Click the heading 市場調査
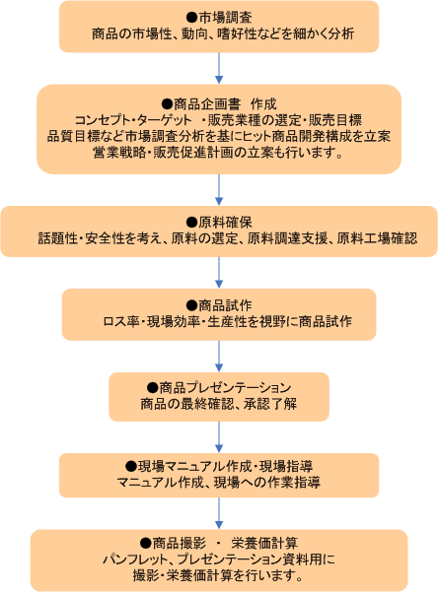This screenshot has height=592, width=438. coord(225,18)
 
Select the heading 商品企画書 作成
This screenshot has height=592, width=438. coord(225,103)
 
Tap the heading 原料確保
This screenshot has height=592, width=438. coord(225,223)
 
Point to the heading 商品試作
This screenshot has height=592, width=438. coord(225,305)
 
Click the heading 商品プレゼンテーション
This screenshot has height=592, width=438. coord(225,388)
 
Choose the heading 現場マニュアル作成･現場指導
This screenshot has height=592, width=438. coord(225,467)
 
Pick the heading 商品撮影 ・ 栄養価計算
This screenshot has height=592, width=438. coord(225,544)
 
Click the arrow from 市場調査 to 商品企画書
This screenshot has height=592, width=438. coord(219,68)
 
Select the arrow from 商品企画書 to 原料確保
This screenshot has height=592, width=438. coord(219,189)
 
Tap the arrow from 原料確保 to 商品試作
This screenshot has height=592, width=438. coord(219,273)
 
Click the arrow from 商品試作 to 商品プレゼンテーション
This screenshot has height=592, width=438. coord(219,356)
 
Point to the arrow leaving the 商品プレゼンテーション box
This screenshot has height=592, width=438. coord(219,436)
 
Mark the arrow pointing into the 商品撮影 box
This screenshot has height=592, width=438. coord(219,513)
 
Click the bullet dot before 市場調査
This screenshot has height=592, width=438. coord(192,18)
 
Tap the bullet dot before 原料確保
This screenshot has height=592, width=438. coord(192,223)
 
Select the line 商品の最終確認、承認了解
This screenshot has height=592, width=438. coord(219,404)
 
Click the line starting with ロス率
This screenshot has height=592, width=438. coord(228,322)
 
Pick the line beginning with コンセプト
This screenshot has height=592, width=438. coord(218,120)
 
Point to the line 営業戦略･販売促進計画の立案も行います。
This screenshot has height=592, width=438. coord(218,153)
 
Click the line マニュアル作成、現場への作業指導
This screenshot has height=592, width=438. coord(219,483)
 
